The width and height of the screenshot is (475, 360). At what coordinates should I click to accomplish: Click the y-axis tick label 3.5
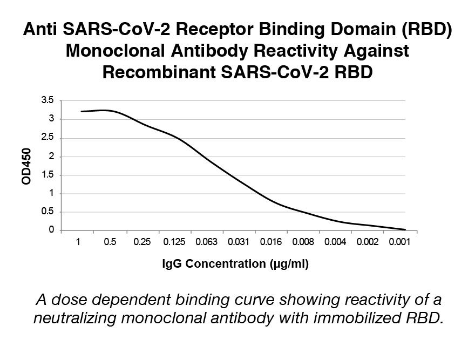point(47,100)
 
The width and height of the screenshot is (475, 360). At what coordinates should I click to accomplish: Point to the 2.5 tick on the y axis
point(47,137)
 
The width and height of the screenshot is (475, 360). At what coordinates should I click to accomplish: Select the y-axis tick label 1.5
point(47,174)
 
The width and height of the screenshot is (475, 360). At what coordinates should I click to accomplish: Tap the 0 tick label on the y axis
point(51,230)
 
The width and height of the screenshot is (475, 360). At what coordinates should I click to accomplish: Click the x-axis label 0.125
point(174,242)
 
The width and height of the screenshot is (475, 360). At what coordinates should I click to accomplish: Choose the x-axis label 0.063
point(206,242)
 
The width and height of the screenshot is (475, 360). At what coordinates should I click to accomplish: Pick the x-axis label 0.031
point(239,242)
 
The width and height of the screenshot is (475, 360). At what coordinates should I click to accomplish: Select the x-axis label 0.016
point(271,242)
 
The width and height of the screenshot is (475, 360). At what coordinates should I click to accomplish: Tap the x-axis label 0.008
point(303,242)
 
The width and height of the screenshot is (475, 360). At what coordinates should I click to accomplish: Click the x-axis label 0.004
point(335,242)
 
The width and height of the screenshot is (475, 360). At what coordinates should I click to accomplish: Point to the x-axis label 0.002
point(368,242)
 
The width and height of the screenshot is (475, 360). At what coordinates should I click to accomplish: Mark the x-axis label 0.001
point(399,242)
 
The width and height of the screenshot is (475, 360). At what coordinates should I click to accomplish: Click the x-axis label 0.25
point(142,242)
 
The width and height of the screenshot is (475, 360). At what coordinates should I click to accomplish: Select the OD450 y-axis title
point(26,166)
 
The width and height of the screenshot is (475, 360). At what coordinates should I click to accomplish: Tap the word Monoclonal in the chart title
point(116,51)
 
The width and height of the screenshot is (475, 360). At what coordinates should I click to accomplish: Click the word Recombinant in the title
point(159,72)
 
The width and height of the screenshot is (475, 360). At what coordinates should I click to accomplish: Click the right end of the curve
point(405,230)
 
